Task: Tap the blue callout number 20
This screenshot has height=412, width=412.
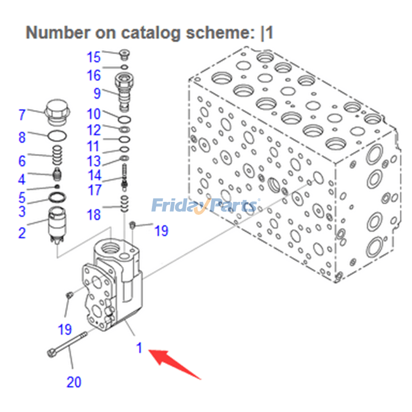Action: click(x=74, y=382)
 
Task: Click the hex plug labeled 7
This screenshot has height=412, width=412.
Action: click(x=56, y=112)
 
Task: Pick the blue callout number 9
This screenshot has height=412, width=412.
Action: click(x=97, y=94)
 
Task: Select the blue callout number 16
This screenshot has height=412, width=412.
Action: click(x=94, y=75)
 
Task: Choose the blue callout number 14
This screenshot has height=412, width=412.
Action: click(x=94, y=175)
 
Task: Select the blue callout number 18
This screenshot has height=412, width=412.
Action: click(x=94, y=214)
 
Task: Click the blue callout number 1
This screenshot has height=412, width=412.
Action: click(x=139, y=348)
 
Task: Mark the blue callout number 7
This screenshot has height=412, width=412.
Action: click(x=22, y=114)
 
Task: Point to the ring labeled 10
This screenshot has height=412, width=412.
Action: click(x=124, y=119)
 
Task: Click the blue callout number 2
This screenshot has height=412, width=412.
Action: click(x=22, y=233)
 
